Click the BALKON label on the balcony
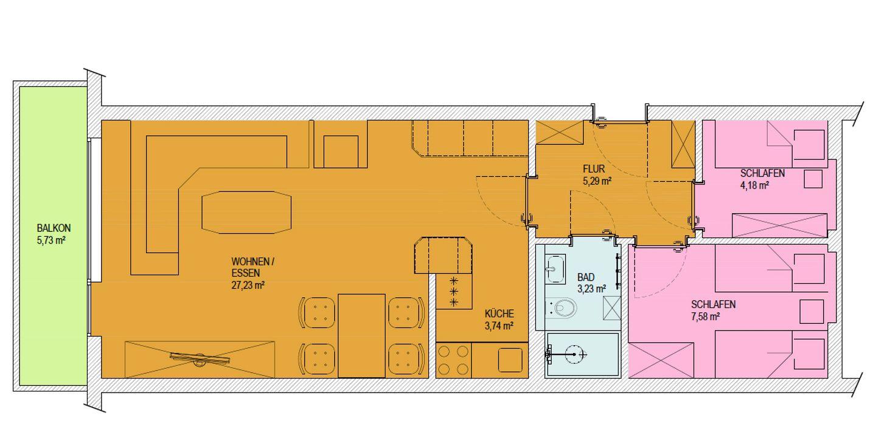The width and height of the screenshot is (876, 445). [54, 228]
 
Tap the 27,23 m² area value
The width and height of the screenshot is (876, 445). [248, 285]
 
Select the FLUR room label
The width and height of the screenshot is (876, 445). [594, 169]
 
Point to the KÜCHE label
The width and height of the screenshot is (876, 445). [499, 314]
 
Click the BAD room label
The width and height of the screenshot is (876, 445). [586, 277]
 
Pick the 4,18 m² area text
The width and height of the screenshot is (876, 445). [755, 185]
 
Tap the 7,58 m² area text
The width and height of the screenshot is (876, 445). [706, 316]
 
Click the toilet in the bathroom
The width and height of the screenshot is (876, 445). [561, 309]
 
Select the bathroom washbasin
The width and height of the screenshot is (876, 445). [555, 269]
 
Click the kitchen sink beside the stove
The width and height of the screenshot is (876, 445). [510, 360]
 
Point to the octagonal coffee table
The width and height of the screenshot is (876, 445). [246, 212]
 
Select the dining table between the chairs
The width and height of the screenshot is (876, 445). [362, 336]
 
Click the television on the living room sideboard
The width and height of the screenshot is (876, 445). [200, 359]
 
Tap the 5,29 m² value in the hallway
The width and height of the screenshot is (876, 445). [597, 181]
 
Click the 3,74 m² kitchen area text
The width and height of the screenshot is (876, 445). [499, 326]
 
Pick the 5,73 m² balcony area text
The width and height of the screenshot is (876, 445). [51, 240]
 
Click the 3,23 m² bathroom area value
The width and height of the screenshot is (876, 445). [592, 289]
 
